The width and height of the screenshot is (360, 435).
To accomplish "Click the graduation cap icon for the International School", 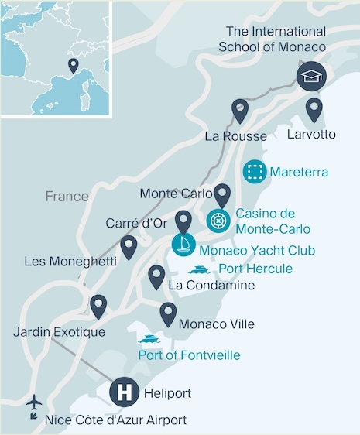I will pyautogui.click(x=312, y=76).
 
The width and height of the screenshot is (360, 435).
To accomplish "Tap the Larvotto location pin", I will pyautogui.click(x=314, y=109).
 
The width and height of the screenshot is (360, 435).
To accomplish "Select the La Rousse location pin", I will pyautogui.click(x=240, y=111).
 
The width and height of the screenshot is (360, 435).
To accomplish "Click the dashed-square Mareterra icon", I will pyautogui.click(x=253, y=171).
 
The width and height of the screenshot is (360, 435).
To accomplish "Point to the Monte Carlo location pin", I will pyautogui.click(x=222, y=195).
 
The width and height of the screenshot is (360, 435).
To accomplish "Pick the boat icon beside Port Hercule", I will pyautogui.click(x=199, y=269).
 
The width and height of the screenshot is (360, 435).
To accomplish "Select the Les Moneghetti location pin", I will pyautogui.click(x=129, y=247).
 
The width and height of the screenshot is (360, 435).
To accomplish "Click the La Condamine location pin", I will pyautogui.click(x=156, y=276).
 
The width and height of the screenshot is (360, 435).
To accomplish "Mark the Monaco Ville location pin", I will pyautogui.click(x=168, y=313).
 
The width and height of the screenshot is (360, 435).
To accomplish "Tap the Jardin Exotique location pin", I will pyautogui.click(x=98, y=306).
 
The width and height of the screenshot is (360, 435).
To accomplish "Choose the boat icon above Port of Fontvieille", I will pyautogui.click(x=149, y=338).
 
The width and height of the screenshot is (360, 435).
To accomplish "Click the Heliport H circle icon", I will pyautogui.click(x=123, y=391).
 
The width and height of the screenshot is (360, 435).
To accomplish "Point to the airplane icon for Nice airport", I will pyautogui.click(x=34, y=404).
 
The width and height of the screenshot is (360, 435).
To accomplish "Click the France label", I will pyautogui.click(x=67, y=197).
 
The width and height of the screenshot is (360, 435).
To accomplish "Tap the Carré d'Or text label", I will pyautogui.click(x=137, y=224).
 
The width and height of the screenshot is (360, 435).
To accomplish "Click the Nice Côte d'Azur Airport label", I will pyautogui.click(x=115, y=420).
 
